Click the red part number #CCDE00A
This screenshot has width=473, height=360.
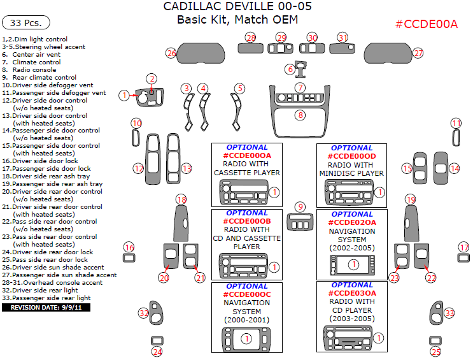click(426, 24)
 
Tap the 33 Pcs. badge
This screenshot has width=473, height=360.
click(26, 23)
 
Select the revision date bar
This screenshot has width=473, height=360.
click(46, 307)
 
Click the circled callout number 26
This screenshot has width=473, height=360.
click(171, 53)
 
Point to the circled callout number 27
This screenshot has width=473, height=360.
click(418, 53)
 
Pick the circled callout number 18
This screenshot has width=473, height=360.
click(181, 199)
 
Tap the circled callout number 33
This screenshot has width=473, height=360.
click(449, 313)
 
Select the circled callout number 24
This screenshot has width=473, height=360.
click(157, 351)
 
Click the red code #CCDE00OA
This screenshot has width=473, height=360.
click(247, 155)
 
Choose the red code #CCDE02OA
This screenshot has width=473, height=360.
click(353, 222)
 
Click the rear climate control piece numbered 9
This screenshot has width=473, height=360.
click(300, 222)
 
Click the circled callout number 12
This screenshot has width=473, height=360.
click(138, 168)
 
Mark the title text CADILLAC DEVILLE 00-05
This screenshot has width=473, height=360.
click(237, 7)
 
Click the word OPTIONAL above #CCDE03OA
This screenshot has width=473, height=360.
click(353, 285)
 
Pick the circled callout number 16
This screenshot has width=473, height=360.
click(129, 247)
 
